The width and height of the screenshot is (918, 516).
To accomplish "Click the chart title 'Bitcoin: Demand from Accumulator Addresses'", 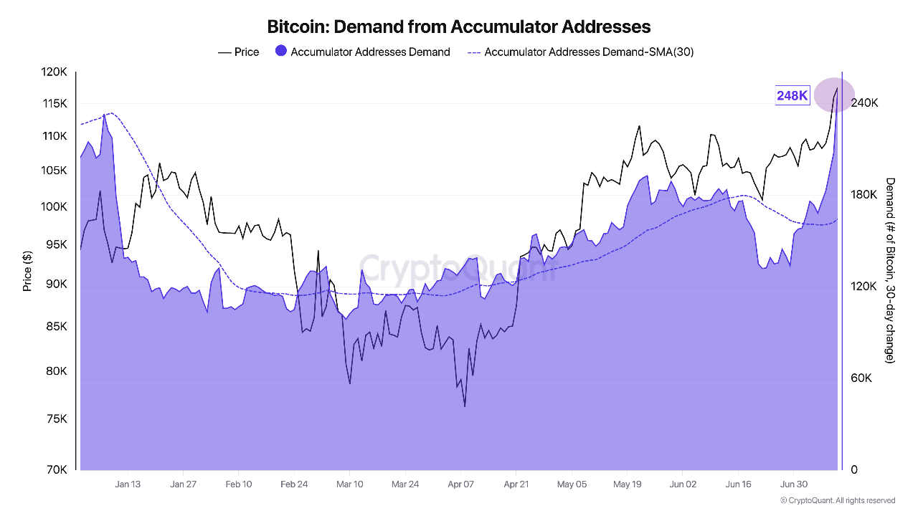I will [x=459, y=27].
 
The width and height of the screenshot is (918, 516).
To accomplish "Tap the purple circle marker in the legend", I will [x=281, y=52].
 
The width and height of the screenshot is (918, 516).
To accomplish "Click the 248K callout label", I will [x=792, y=95].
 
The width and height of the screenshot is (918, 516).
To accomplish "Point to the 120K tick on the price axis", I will [x=55, y=72].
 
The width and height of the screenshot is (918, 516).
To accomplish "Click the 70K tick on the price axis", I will [x=57, y=470].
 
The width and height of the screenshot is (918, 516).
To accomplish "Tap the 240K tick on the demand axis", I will [x=864, y=103].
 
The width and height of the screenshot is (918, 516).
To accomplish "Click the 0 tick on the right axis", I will [x=854, y=470].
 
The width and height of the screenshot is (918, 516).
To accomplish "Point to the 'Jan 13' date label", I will [x=128, y=484].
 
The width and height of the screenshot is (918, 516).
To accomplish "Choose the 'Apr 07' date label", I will [x=461, y=484].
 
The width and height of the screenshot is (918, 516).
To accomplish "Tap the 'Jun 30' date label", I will [x=794, y=484].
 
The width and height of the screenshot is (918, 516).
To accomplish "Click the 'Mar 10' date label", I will [x=350, y=484].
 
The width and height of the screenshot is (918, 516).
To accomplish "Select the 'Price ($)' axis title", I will [x=27, y=271].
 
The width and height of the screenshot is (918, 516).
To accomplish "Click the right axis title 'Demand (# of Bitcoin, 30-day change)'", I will [x=890, y=270].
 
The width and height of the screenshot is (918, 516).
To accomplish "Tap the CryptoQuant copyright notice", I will [x=838, y=500].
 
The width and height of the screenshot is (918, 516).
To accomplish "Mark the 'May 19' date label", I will [x=628, y=484].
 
